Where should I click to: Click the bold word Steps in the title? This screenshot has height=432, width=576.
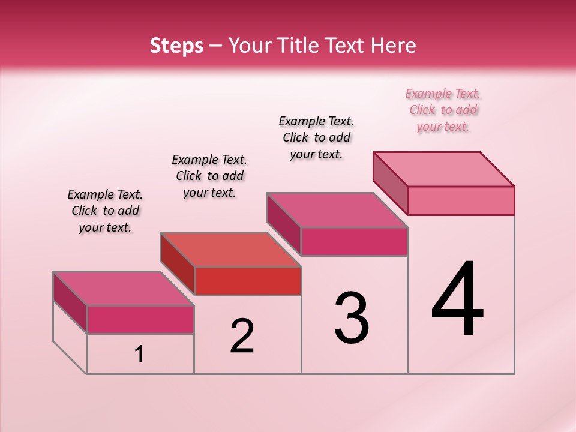(x=176, y=46)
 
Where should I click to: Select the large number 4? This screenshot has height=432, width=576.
(x=457, y=300)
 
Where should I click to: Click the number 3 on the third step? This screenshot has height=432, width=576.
(x=352, y=318)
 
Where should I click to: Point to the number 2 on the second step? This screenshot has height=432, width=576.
(x=242, y=336)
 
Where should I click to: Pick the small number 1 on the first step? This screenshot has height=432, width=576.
(x=139, y=355)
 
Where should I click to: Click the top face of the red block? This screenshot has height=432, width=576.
(x=230, y=250)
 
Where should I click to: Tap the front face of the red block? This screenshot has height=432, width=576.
(x=248, y=281)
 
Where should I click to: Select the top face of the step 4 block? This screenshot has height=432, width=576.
(x=444, y=169)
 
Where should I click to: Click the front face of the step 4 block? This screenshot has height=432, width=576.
(x=461, y=200)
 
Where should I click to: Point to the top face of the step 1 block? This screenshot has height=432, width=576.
(x=124, y=289)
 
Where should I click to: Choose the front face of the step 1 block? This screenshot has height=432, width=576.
(x=140, y=319)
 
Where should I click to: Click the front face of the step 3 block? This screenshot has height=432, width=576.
(x=354, y=241)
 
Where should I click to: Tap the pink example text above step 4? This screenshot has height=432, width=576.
(x=443, y=110)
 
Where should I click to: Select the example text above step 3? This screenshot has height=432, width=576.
(x=316, y=137)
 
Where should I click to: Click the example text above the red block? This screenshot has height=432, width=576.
(x=209, y=176)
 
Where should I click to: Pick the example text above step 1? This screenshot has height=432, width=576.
(x=105, y=211)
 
